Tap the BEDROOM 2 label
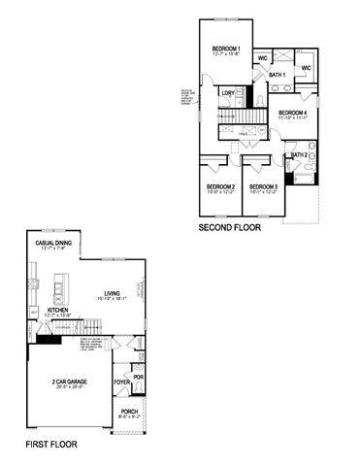(x=220, y=186)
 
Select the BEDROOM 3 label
(x=263, y=186)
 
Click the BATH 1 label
(x=277, y=75)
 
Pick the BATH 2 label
(x=298, y=155)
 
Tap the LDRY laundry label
(x=228, y=93)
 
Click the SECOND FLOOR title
(x=230, y=229)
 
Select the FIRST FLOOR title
(x=51, y=444)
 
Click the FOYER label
(x=123, y=382)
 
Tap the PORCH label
(x=129, y=411)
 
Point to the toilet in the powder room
(x=139, y=388)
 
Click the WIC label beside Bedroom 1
(x=263, y=58)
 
